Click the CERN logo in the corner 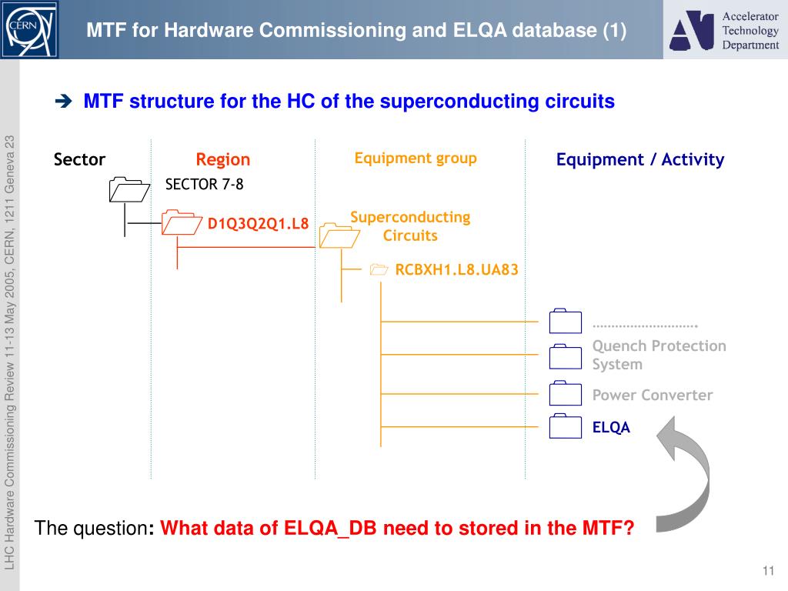click(29, 29)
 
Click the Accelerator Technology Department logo click(724, 31)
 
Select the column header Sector click(79, 160)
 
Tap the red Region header click(222, 160)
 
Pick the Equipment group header click(416, 159)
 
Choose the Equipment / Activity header click(640, 160)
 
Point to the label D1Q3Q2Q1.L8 click(258, 224)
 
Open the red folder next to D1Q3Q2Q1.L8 click(182, 222)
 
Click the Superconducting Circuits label click(410, 226)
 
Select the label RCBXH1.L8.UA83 click(456, 270)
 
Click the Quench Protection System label click(659, 355)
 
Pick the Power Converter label click(653, 396)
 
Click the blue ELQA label click(611, 428)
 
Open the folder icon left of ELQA click(566, 426)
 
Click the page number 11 click(767, 570)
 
